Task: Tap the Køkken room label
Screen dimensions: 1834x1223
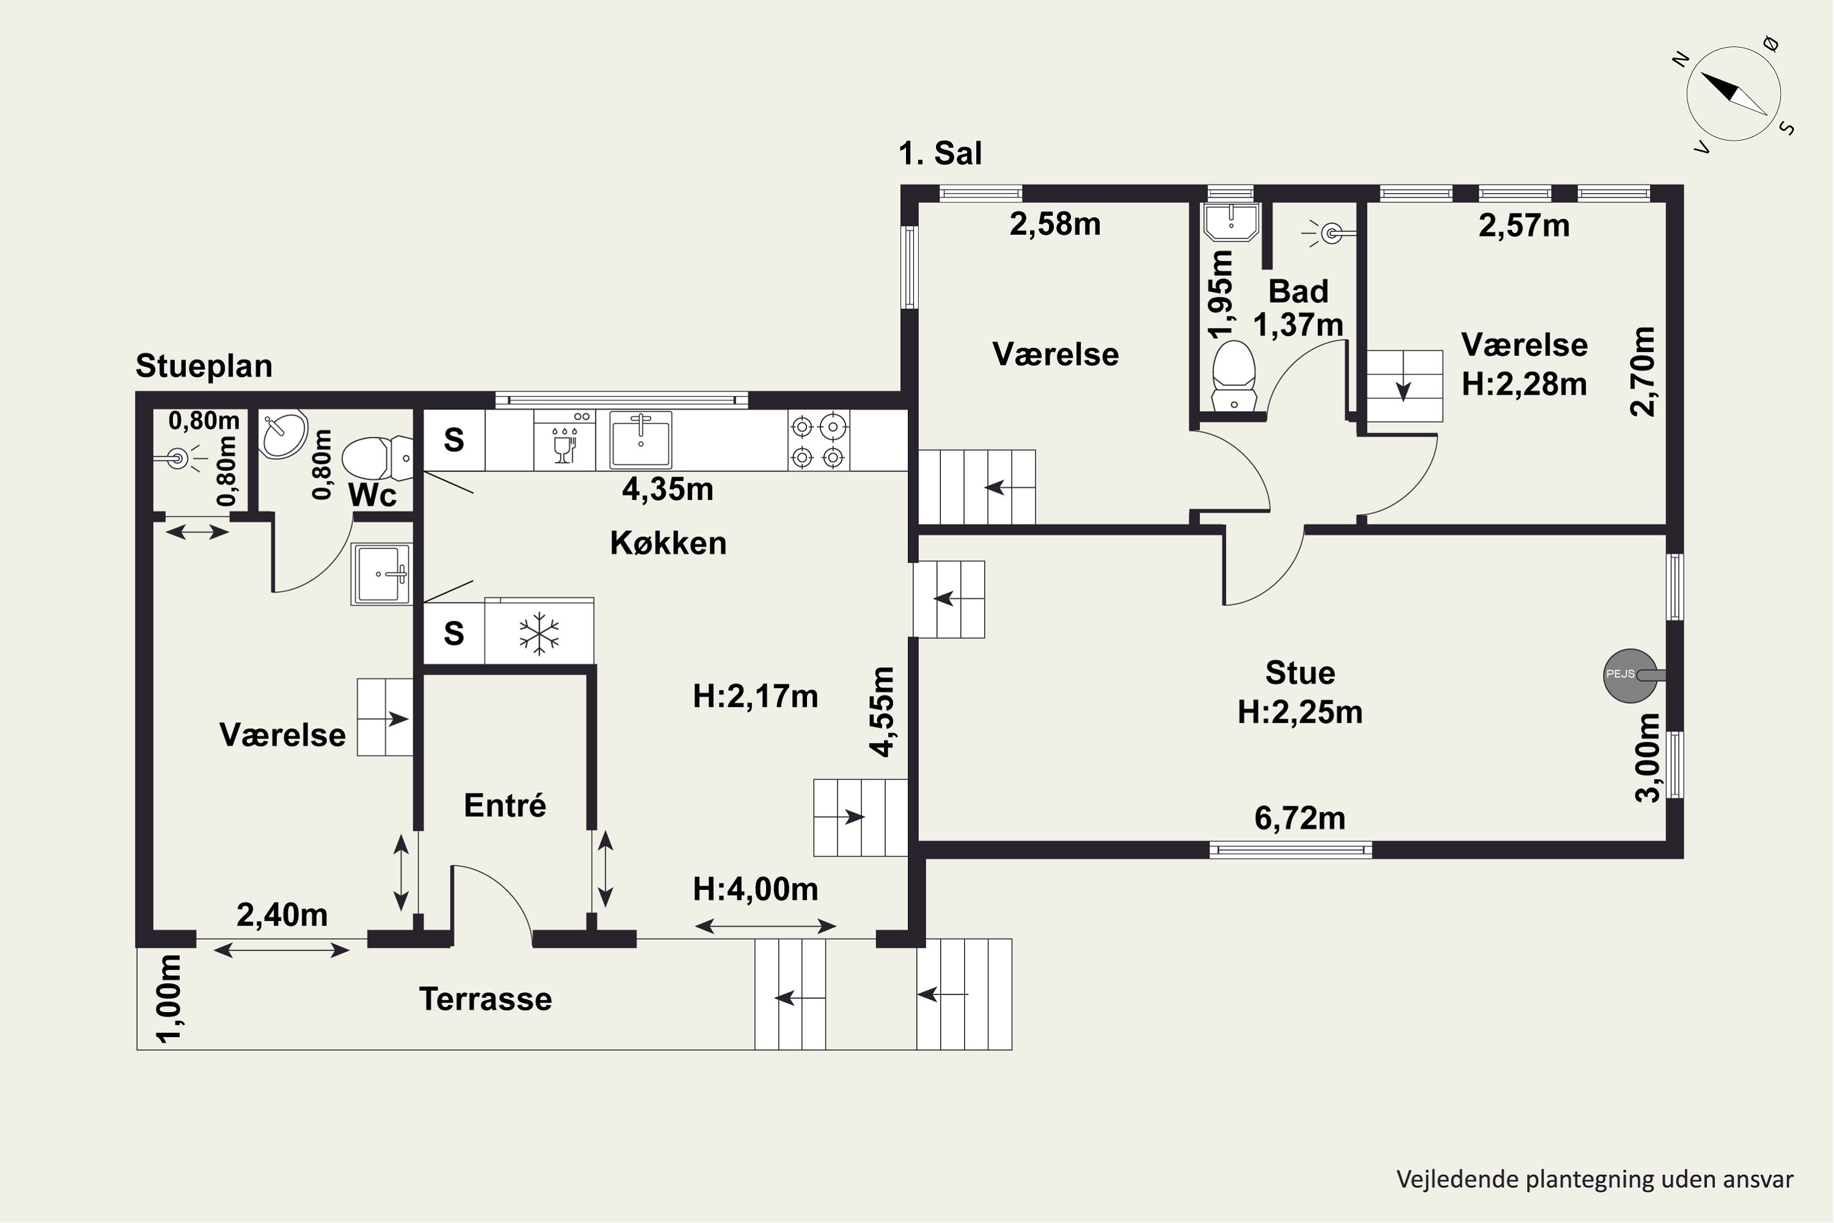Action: point(668,543)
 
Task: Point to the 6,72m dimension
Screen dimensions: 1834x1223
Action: point(1300,818)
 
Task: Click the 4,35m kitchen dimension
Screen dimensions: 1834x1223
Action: point(668,489)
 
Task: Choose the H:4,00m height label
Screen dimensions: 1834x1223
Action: point(755,889)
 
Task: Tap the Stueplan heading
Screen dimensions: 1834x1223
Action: point(204,366)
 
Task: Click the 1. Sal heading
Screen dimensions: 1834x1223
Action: point(940,153)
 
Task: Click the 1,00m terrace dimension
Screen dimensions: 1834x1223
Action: point(169,999)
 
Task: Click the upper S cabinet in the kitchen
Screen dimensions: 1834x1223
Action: point(454,441)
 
